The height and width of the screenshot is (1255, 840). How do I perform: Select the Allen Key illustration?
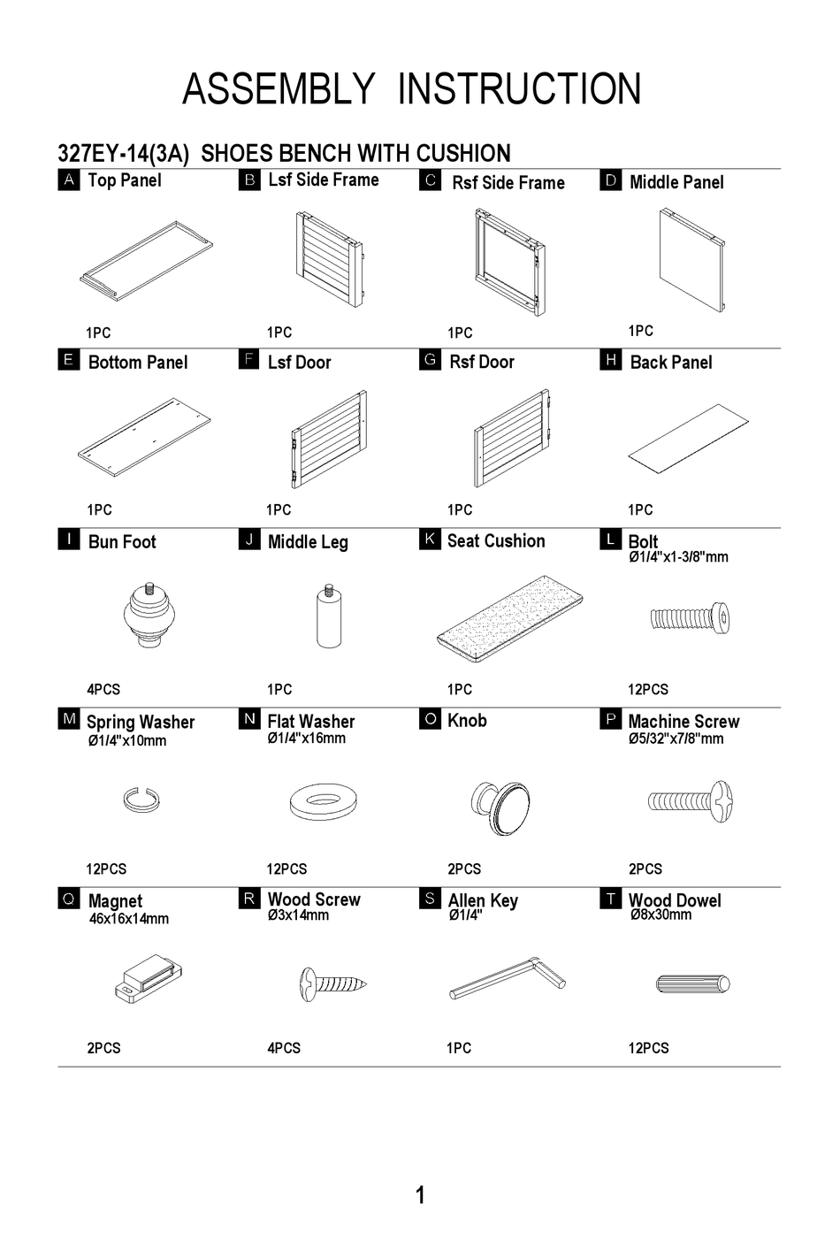pos(507,981)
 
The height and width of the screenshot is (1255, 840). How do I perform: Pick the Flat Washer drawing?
pos(325,802)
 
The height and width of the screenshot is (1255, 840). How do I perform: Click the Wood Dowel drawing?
pos(693,983)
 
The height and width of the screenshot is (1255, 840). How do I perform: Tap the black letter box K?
pos(429,539)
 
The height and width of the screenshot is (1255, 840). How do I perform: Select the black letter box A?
pos(69,180)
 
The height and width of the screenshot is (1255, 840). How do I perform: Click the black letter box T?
pos(610,899)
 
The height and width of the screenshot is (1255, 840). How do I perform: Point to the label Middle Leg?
pos(308,542)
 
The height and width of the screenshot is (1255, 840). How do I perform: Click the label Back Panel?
pos(670,362)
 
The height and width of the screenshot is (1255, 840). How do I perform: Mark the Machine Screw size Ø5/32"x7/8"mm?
pos(676,738)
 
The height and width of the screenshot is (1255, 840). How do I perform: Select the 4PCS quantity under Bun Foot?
pos(103,689)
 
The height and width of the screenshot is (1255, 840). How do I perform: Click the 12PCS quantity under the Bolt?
pos(648,689)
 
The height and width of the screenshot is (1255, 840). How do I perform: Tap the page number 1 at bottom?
pos(420,1195)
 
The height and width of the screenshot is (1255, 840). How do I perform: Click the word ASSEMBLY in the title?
pos(278,89)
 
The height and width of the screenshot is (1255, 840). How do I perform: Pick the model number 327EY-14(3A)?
pos(123,154)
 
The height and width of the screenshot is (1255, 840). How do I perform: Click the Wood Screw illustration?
pos(332,982)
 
